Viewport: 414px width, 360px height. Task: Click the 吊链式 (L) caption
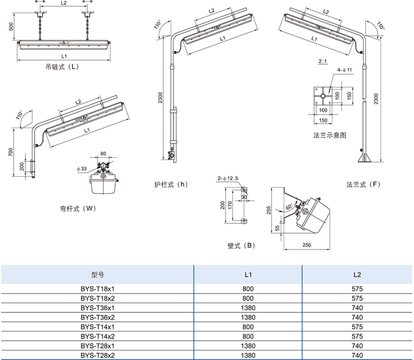click(x=62, y=66)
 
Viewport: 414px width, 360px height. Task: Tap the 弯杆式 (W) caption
click(x=78, y=209)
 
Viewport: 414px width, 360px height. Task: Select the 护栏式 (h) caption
click(x=171, y=184)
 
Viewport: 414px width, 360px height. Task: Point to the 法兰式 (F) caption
click(x=364, y=184)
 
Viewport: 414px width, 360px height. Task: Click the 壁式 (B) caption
click(x=241, y=245)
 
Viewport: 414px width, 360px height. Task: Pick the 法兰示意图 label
click(x=329, y=135)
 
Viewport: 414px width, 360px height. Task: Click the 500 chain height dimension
click(x=11, y=27)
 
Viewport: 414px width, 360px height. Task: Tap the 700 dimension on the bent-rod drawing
click(x=11, y=152)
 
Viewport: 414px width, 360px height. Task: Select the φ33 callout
click(x=82, y=168)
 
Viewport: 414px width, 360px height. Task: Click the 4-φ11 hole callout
click(x=345, y=70)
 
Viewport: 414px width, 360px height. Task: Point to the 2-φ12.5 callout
click(x=227, y=179)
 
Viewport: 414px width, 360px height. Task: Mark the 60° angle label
click(x=289, y=207)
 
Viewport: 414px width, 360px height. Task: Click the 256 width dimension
click(x=307, y=245)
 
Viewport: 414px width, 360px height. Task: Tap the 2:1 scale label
click(x=323, y=61)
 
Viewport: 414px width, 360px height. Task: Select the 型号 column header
click(x=98, y=275)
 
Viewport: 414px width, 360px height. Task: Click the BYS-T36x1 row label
click(x=98, y=308)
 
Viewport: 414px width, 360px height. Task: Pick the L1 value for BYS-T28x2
click(x=248, y=355)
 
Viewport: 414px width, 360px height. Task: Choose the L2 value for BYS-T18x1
click(x=357, y=289)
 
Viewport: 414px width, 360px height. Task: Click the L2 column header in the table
click(x=357, y=275)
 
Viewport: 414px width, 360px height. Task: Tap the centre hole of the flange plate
click(x=323, y=96)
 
